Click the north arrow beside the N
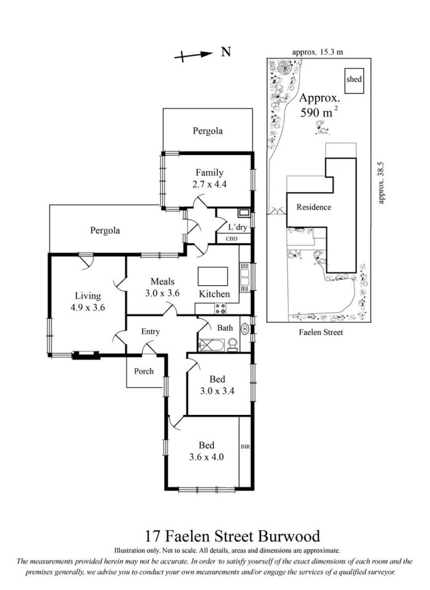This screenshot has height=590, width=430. pos(193,55)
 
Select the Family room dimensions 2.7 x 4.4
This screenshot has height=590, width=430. pos(209,184)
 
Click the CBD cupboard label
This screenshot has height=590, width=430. pos(232,238)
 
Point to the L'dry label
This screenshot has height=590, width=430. pos(237,227)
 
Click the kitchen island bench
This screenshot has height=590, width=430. pos(213,277)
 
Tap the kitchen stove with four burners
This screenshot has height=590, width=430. pos(220,309)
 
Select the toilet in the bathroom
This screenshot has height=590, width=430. pos(233,345)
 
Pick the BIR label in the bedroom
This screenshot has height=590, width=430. pos(245,447)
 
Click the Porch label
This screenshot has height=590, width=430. pos(144,371)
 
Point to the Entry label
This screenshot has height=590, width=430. pos(150,331)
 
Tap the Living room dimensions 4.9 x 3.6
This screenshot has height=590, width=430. pos(88,307)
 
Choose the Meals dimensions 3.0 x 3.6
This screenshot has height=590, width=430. pos(163,293)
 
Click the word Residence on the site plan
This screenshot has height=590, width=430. pos(314,207)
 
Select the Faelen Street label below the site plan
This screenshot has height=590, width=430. pos(321,332)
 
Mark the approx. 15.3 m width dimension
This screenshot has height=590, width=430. pos(318,52)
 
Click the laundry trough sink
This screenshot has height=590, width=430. pos(244,213)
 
